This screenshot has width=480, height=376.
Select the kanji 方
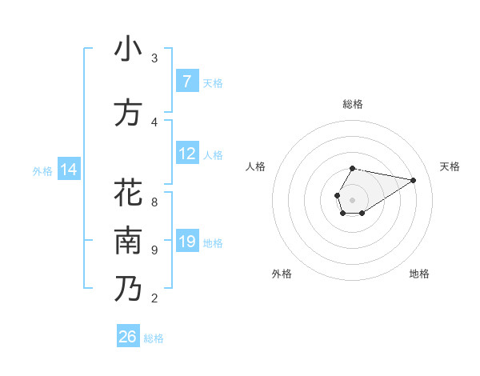pos(127,113)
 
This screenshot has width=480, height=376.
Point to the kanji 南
pos(127,241)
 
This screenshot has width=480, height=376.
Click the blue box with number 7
pos(186,82)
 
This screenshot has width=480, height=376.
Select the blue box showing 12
pos(186,154)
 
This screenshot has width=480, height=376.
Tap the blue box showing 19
pos(186,242)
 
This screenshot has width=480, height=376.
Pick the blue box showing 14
pos(69,170)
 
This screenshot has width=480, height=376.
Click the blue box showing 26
pos(128,337)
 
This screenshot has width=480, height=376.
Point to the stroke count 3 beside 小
pos(154,58)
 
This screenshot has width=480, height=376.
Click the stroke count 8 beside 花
pos(154,202)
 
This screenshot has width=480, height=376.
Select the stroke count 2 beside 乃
pos(154,298)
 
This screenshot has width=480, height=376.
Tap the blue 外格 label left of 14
pos(42,170)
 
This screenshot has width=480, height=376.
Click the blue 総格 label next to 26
pos(154,338)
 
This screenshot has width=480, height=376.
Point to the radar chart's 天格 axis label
pos(450,166)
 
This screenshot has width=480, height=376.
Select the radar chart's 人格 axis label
pos(255,166)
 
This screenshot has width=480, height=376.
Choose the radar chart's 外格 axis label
pos(282,274)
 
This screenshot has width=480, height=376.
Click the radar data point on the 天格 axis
pos(413,179)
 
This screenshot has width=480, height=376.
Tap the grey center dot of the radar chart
pos(352,198)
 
